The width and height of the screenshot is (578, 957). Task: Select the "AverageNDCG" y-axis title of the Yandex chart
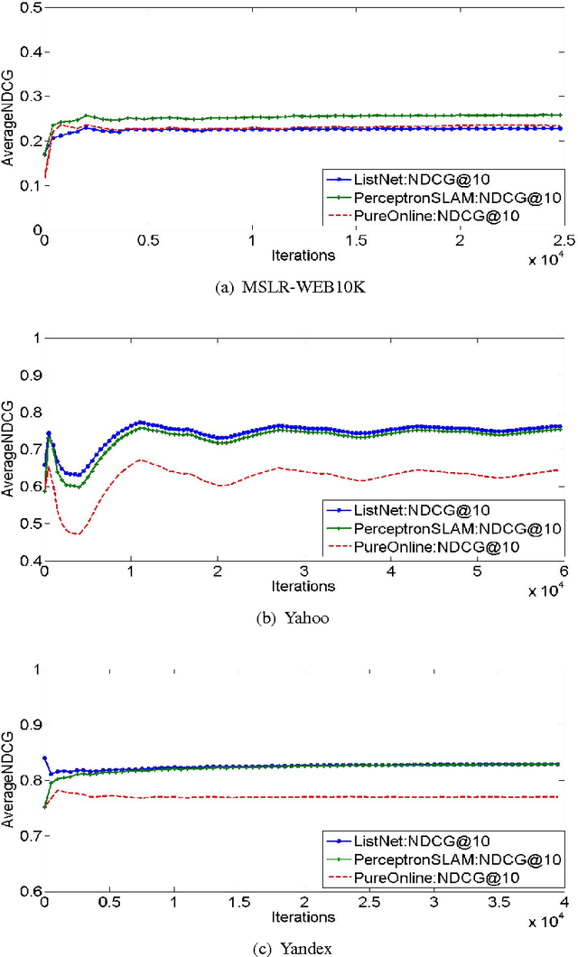9,780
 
